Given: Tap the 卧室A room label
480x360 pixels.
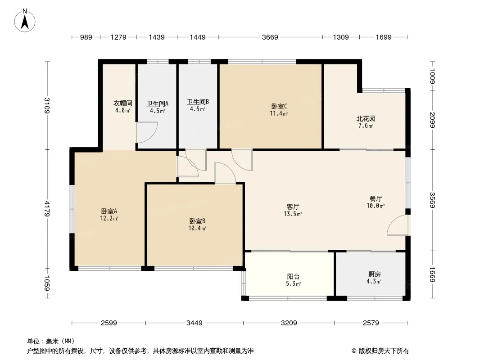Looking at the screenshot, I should click(109, 211).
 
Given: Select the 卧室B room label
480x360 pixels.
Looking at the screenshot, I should click(197, 221).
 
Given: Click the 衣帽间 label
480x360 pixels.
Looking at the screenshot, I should click(122, 103).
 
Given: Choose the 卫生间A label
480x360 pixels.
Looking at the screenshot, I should click(157, 103).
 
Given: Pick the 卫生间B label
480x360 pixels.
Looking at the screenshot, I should click(198, 102).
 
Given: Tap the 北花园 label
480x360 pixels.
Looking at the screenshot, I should click(366, 119).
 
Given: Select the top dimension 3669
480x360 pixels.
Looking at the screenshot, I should click(270, 37).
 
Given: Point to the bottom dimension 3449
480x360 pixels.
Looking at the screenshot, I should click(195, 323).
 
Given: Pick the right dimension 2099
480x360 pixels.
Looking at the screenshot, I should click(432, 120).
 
